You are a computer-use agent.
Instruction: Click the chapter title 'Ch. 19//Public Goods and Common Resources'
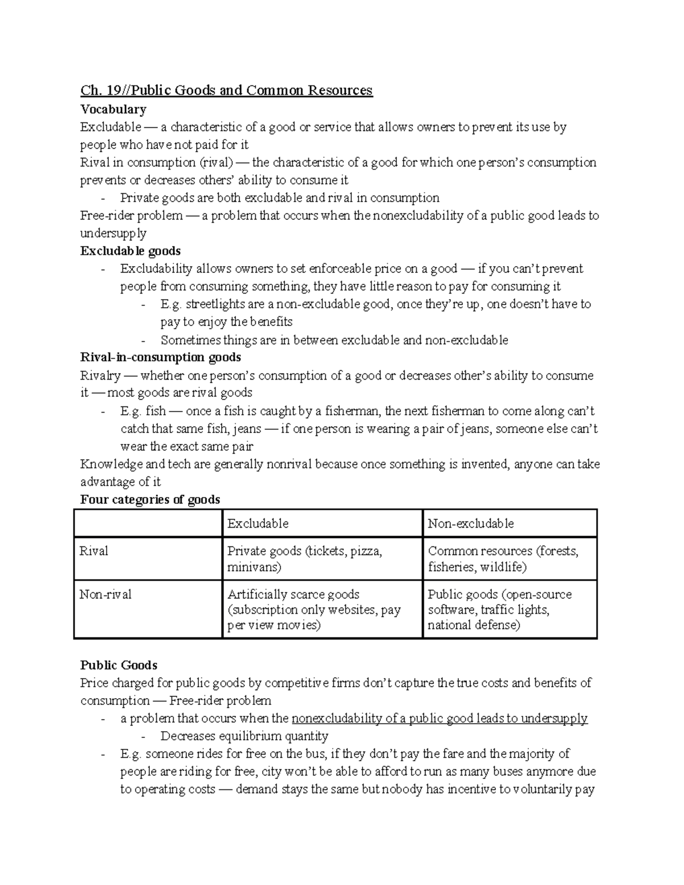(x=226, y=91)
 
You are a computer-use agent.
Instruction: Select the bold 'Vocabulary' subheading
(x=113, y=109)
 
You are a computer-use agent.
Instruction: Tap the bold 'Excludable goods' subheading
(x=131, y=251)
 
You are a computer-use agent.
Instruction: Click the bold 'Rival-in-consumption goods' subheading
(x=161, y=357)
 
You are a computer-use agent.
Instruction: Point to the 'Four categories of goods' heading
(x=150, y=499)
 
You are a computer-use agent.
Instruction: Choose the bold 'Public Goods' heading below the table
(x=119, y=665)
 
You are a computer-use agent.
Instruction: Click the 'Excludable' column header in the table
(x=258, y=523)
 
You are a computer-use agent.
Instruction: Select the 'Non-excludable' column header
(x=471, y=523)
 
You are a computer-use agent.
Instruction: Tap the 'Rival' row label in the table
(x=94, y=551)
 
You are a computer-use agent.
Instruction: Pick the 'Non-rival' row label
(x=105, y=594)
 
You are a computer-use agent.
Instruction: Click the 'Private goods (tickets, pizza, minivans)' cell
(x=304, y=558)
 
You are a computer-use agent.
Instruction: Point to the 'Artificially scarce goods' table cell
(x=313, y=609)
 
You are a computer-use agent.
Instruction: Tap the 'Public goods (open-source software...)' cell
(x=499, y=609)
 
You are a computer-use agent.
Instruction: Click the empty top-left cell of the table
(x=148, y=523)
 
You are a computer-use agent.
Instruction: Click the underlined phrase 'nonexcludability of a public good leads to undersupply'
(x=439, y=718)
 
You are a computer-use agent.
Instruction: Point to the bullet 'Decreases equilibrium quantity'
(x=244, y=736)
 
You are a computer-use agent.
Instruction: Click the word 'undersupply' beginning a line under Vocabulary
(x=113, y=233)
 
